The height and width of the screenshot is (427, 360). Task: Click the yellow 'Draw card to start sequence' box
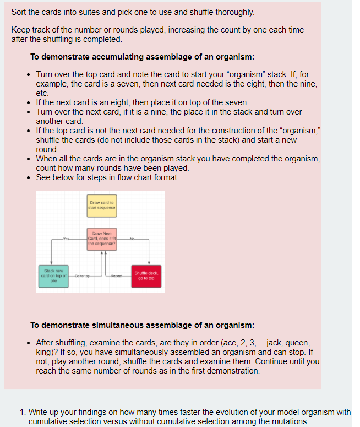(101, 206)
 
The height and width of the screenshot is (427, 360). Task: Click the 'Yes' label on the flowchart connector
(67, 239)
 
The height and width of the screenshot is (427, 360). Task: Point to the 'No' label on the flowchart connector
(133, 239)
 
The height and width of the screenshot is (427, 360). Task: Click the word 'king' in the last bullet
(45, 353)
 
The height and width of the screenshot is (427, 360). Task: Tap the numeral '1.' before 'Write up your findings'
(22, 412)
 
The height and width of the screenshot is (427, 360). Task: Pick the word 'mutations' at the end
(289, 421)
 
